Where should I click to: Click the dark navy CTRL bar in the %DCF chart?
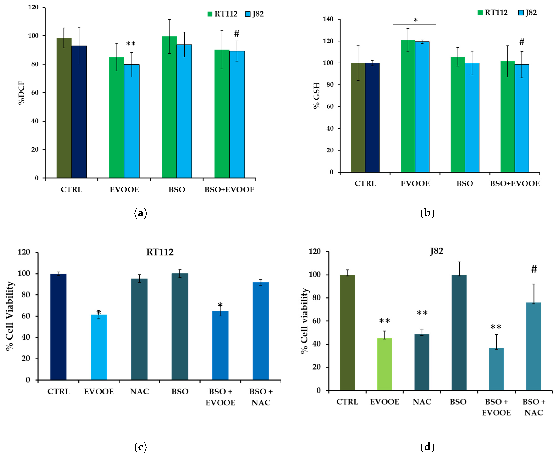79,112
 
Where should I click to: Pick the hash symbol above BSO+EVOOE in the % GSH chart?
522,42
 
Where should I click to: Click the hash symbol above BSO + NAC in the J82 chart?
534,269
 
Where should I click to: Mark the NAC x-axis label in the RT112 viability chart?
139,392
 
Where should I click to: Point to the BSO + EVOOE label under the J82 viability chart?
496,407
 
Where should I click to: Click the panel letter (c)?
141,447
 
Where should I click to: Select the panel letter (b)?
427,213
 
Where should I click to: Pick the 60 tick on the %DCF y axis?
35,93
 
